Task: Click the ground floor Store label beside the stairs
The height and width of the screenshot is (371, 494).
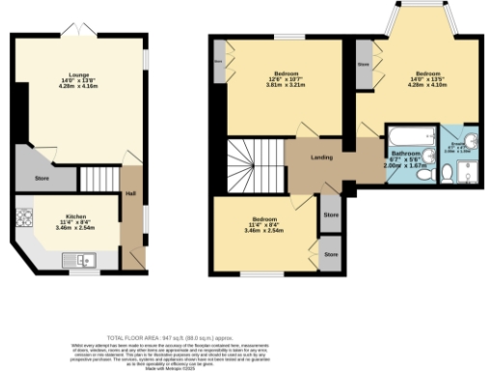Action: click(x=41, y=178)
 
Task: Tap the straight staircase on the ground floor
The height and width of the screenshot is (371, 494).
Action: click(x=97, y=179)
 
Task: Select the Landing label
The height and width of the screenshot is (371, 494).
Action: click(x=322, y=157)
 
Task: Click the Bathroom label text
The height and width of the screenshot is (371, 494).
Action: click(x=403, y=154)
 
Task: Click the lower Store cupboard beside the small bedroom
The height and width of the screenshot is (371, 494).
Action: click(x=331, y=255)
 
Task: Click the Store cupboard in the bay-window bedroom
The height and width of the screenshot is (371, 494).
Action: click(x=364, y=65)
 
